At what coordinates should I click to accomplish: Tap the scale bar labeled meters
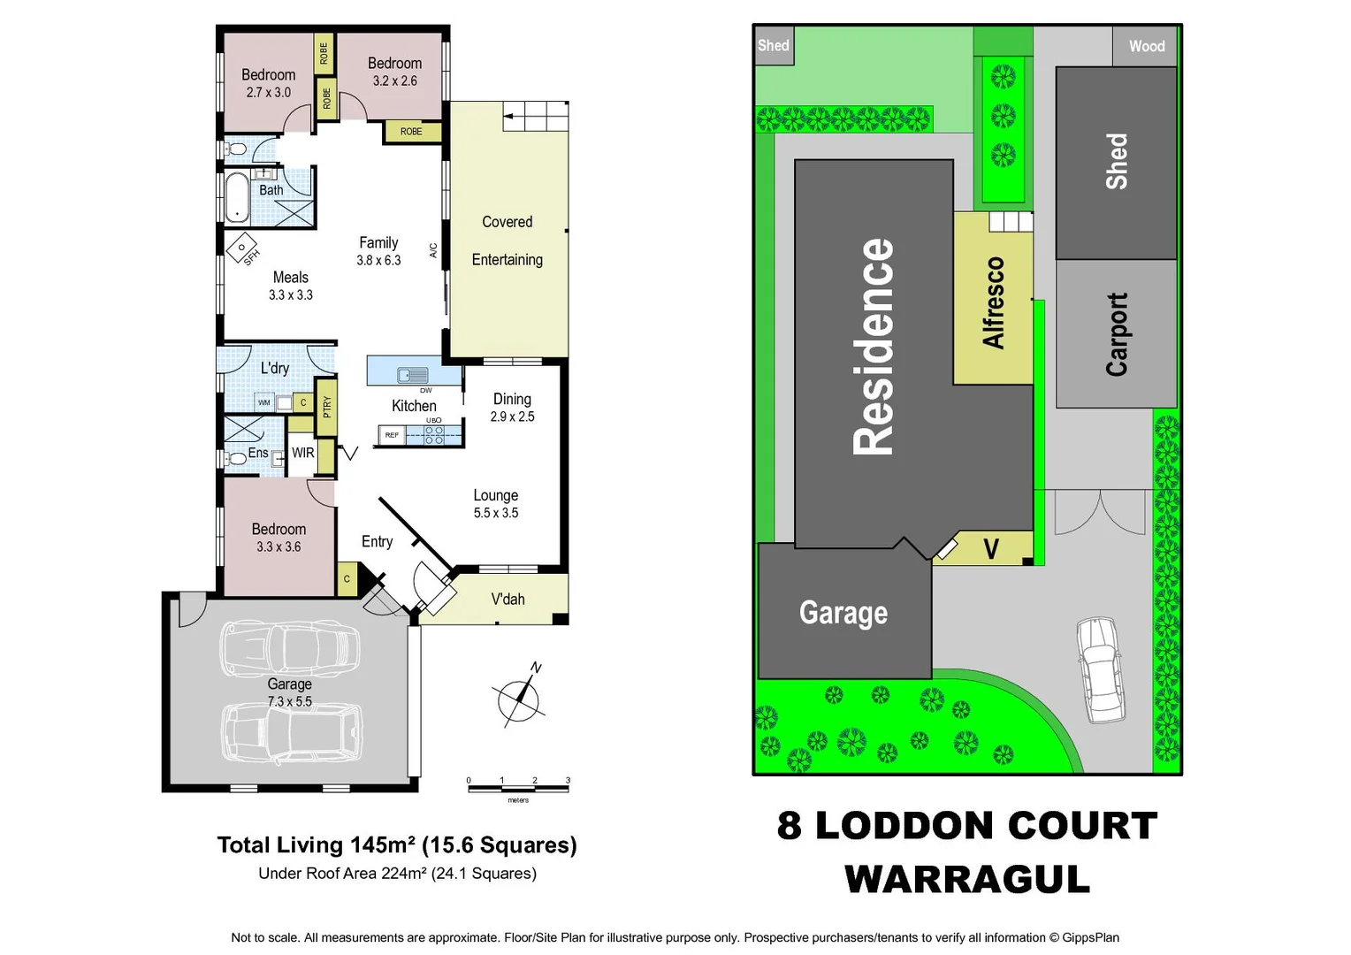(518, 786)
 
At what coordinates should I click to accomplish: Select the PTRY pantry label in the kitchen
(326, 406)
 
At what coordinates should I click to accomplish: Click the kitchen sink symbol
(412, 375)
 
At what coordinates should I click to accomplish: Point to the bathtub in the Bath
(237, 197)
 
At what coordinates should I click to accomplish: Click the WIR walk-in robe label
(302, 453)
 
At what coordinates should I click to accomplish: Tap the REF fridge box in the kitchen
(392, 435)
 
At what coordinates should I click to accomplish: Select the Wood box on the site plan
(1146, 46)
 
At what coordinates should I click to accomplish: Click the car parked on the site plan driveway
(1100, 668)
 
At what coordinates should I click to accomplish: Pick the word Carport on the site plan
(1117, 334)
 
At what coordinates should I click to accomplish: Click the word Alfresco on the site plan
(994, 302)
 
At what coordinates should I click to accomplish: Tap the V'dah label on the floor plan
(508, 600)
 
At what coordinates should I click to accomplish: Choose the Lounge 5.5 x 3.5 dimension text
(496, 513)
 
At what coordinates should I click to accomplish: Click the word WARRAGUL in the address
(967, 879)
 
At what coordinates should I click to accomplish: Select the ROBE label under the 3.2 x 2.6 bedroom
(411, 132)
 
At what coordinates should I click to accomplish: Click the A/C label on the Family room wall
(433, 250)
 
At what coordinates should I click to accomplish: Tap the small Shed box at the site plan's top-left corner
(774, 46)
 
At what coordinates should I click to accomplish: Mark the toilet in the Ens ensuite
(236, 459)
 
